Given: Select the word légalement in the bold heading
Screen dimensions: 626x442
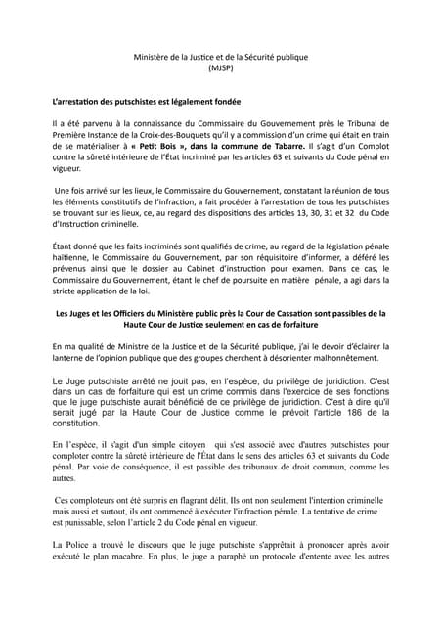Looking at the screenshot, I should coord(183,102).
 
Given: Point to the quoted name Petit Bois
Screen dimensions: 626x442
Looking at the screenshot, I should coord(142,153).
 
